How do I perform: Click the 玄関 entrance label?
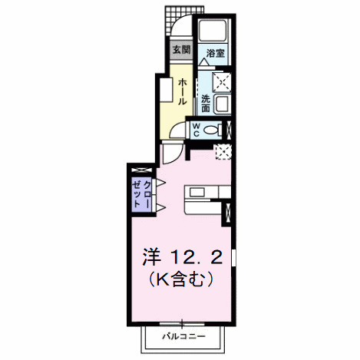(x=180, y=51)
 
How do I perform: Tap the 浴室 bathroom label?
(x=216, y=54)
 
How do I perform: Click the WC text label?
(x=197, y=128)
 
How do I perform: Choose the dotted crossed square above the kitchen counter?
(x=223, y=151)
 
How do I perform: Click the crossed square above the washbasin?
(x=223, y=81)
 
